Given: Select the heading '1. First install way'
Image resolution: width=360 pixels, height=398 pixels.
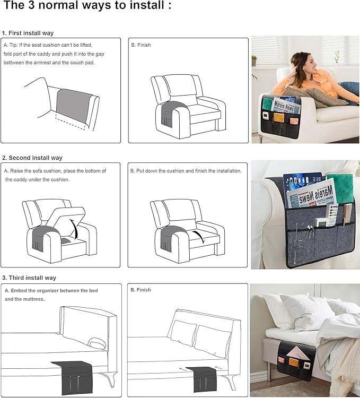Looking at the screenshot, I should (28, 33).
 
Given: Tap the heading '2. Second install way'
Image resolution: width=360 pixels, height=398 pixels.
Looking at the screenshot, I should (32, 158).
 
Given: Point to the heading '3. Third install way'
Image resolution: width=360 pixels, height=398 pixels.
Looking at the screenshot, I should (29, 278).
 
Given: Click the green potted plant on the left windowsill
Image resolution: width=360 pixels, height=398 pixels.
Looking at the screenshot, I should (254, 60).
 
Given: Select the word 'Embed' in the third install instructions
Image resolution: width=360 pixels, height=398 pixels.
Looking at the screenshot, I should (21, 290).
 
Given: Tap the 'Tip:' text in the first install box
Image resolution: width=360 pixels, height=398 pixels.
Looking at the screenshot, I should (15, 45).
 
